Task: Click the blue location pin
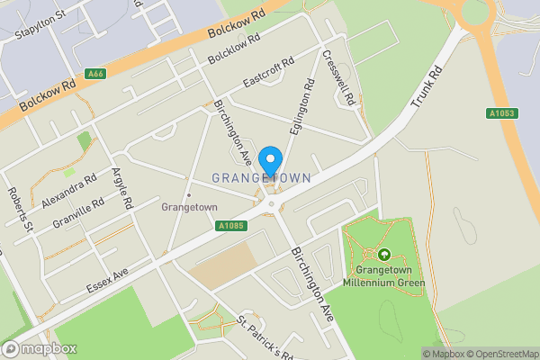(269, 162)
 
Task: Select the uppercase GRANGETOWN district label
(262, 178)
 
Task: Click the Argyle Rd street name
(120, 188)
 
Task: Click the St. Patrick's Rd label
(265, 337)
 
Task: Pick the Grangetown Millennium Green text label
(384, 275)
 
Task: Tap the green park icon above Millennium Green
(385, 255)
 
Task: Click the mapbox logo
(40, 348)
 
